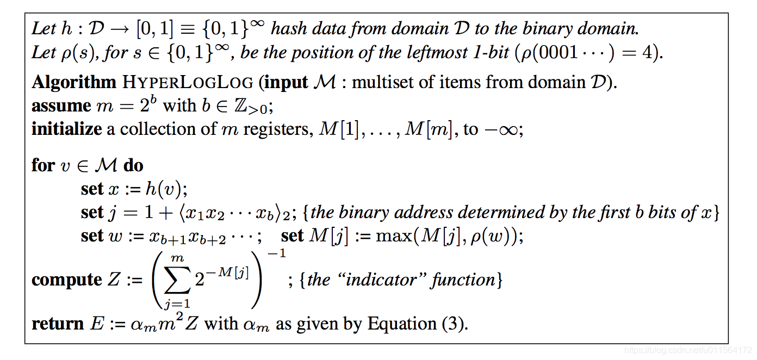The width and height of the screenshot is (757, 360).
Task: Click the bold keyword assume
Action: [61, 105]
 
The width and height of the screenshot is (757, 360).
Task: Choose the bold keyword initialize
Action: [67, 129]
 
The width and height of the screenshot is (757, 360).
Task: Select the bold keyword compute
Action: [67, 280]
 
